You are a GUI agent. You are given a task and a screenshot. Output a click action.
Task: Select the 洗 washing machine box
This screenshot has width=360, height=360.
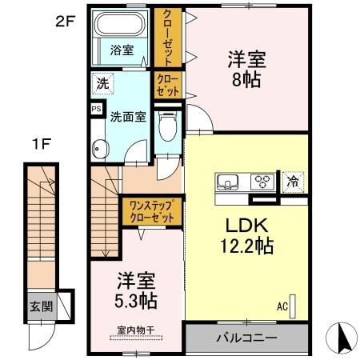click(x=102, y=82)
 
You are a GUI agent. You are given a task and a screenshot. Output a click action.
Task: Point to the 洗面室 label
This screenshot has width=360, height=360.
click(x=127, y=116)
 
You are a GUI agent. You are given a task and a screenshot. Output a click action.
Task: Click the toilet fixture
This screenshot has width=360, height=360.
click(x=169, y=123)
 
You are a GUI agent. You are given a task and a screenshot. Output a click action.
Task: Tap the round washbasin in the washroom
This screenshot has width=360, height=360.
click(x=100, y=148)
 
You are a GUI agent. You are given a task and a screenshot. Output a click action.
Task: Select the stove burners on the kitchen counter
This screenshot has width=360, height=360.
click(x=262, y=181)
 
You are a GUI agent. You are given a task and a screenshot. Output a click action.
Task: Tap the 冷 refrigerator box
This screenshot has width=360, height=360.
click(x=293, y=181)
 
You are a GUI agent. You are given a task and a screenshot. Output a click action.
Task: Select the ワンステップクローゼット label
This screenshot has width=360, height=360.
click(x=151, y=212)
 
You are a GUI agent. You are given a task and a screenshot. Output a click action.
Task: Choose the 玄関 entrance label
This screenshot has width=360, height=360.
click(x=41, y=306)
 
